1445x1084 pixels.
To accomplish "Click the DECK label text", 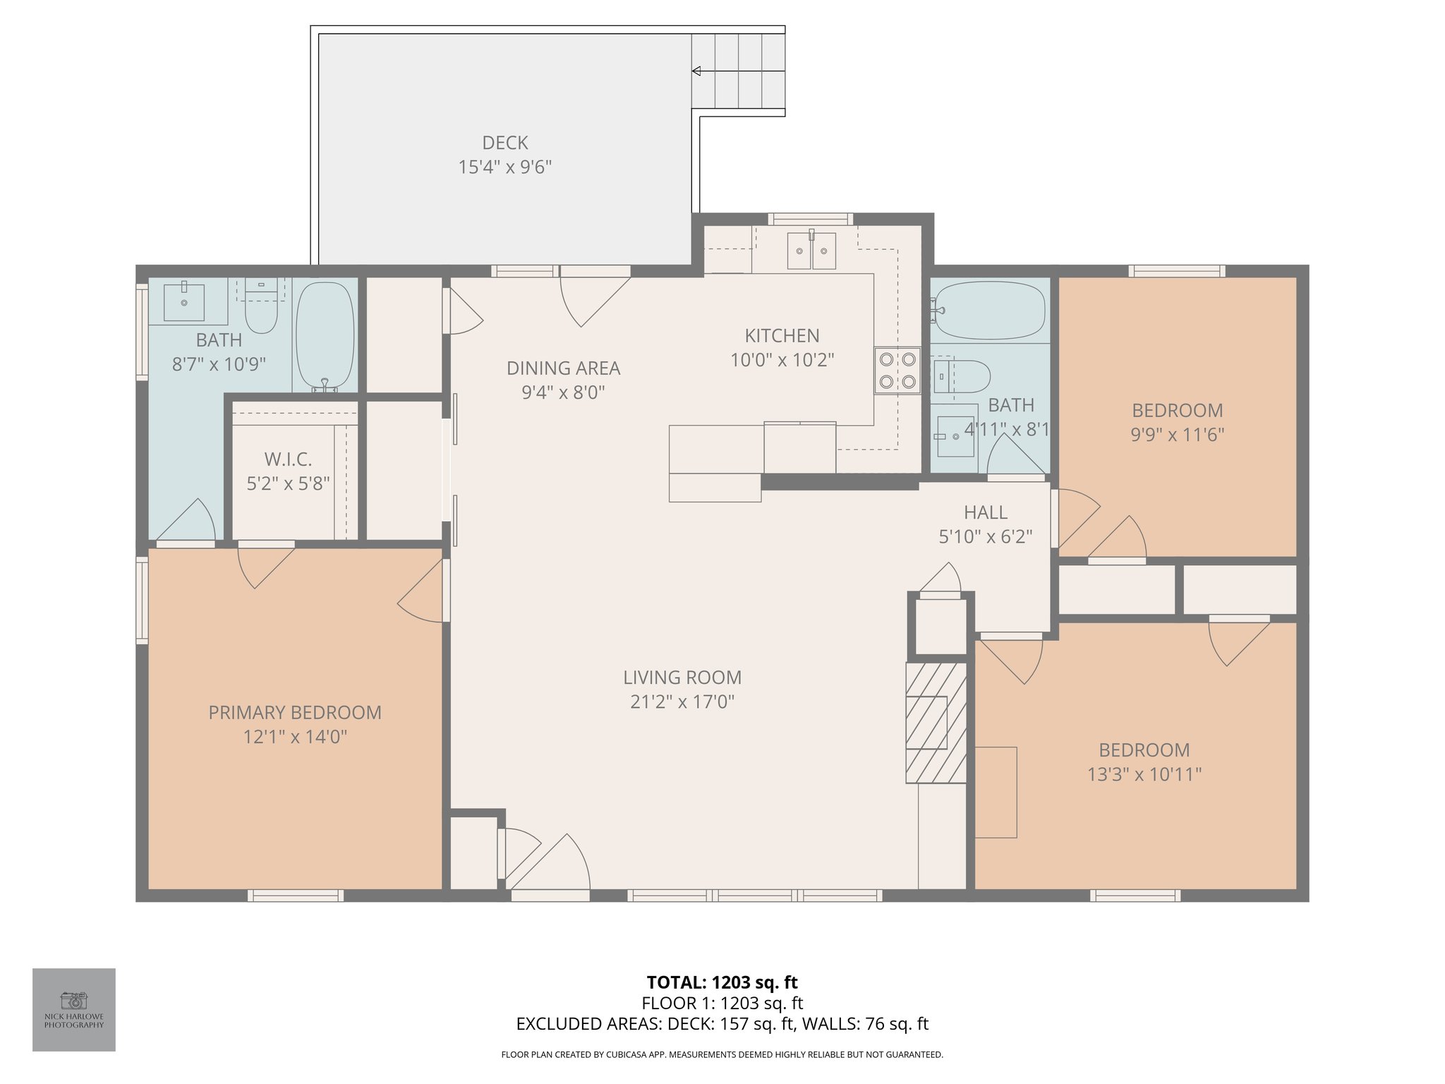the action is [505, 143].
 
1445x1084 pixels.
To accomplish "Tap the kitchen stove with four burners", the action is [898, 371].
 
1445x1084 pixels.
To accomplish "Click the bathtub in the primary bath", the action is [325, 335].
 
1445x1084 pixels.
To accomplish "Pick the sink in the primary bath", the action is [184, 302].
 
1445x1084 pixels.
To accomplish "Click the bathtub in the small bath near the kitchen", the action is [989, 311].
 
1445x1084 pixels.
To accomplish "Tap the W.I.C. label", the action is [288, 459].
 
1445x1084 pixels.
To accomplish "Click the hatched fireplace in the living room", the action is [936, 722].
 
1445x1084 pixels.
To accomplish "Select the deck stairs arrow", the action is [738, 71].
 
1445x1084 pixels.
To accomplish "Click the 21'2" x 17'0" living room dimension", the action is [682, 701].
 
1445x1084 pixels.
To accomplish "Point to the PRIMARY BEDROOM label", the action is [295, 712].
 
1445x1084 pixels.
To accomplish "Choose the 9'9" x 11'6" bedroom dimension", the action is [1177, 434].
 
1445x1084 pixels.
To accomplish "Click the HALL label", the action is [986, 512].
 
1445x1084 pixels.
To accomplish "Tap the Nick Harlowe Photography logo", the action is [74, 1009].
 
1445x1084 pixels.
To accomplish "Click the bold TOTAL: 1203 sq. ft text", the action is [722, 982].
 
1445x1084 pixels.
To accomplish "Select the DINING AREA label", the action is [563, 368].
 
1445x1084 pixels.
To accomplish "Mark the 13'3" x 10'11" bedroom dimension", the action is [1144, 774].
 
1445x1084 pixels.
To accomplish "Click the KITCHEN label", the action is [782, 335].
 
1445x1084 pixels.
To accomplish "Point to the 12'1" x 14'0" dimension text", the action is [295, 737].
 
